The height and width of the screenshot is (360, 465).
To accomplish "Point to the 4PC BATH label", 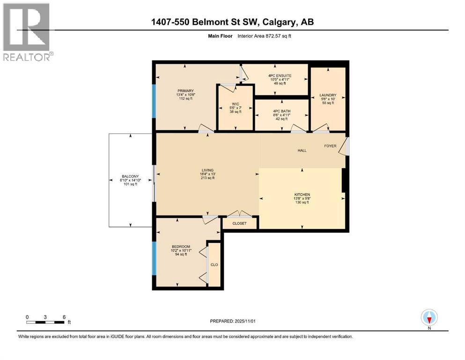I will pyautogui.click(x=281, y=111).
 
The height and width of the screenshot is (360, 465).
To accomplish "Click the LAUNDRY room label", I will pyautogui.click(x=328, y=95).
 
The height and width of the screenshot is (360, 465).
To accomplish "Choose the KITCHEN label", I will pyautogui.click(x=302, y=194).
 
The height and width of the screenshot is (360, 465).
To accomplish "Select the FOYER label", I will pyautogui.click(x=331, y=146).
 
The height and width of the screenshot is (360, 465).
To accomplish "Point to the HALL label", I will pyautogui.click(x=302, y=150).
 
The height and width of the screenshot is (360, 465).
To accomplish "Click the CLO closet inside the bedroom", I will pyautogui.click(x=214, y=265).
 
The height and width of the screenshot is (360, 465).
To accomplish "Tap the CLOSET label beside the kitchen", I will pyautogui.click(x=240, y=224).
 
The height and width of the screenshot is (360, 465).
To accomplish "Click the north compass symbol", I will pyautogui.click(x=429, y=318).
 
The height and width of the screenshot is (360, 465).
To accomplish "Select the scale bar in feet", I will pyautogui.click(x=45, y=322).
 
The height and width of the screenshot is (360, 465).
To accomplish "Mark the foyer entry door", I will pyautogui.click(x=346, y=146).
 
